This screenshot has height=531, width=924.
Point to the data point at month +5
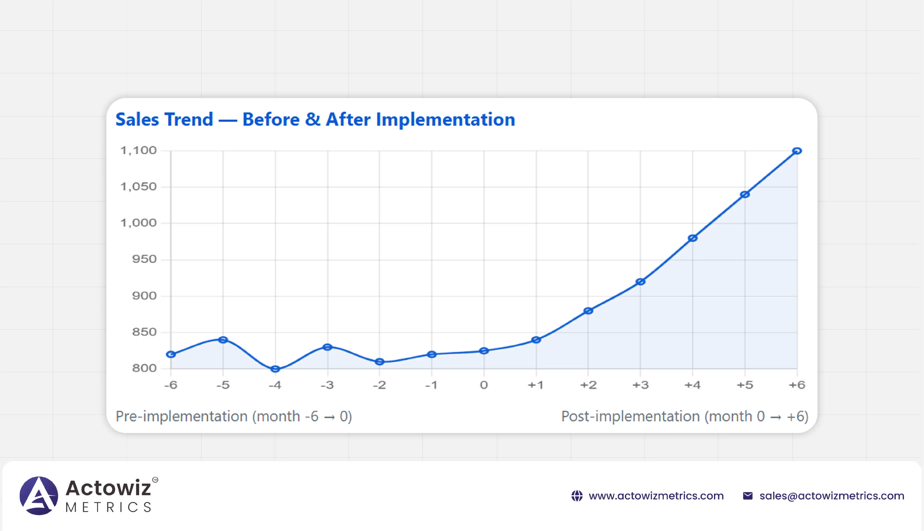[x=745, y=195]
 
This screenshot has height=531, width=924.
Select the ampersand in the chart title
[x=313, y=120]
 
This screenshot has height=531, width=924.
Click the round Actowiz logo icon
[x=39, y=496]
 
